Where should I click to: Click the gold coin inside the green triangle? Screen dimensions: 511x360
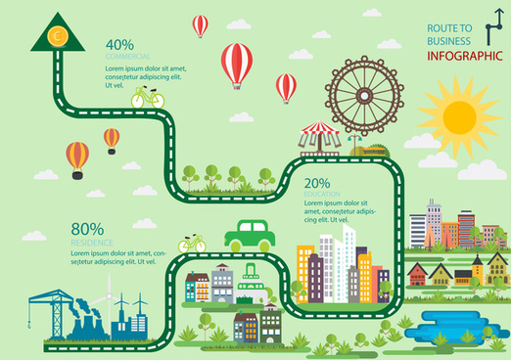[x=57, y=36]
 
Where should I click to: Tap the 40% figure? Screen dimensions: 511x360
[x=119, y=44]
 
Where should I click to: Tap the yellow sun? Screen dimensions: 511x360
[x=458, y=115]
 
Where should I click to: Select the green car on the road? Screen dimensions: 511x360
[x=250, y=234]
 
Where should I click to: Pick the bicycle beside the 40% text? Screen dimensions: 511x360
[x=147, y=97]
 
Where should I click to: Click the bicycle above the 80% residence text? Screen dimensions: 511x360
[x=192, y=242]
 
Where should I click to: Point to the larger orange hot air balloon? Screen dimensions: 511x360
[x=77, y=157]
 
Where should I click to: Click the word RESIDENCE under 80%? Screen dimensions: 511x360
[x=92, y=242]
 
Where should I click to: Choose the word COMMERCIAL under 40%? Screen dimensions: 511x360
[x=127, y=57]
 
